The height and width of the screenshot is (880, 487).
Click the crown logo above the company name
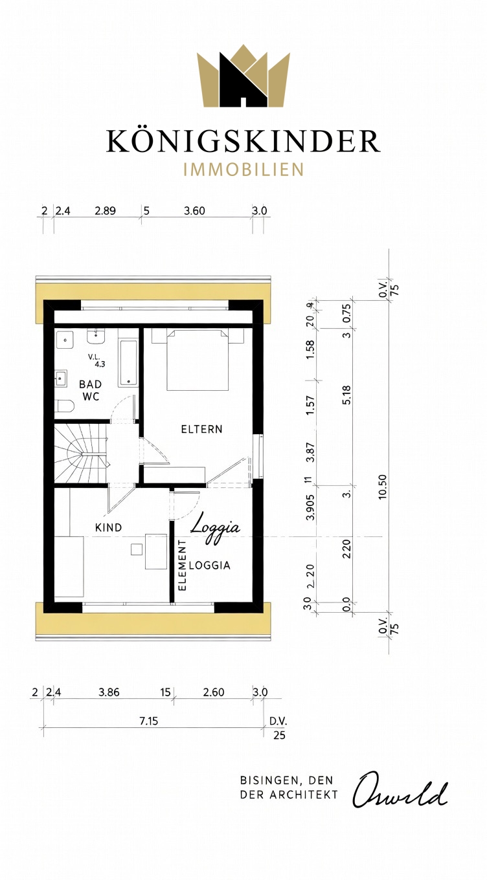[x=243, y=76]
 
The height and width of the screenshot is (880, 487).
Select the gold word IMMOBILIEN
[x=243, y=170]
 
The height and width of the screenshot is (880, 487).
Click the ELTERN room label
[x=201, y=429]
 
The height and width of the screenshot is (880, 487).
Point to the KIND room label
[x=109, y=527]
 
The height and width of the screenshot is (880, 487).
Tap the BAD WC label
[x=91, y=390]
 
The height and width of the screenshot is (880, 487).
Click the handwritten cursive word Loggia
[x=215, y=529]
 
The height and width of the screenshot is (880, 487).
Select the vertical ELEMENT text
[x=182, y=566]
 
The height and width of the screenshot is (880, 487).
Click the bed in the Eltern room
[x=198, y=360]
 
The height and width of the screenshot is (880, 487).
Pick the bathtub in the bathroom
[x=128, y=362]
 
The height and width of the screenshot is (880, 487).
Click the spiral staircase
[x=81, y=453]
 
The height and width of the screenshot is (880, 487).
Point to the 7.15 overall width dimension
[x=148, y=721]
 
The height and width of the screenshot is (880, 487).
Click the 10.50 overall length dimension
[x=382, y=487]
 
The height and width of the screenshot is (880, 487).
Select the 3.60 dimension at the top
[x=194, y=211]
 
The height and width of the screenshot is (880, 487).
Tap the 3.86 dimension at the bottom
[x=109, y=692]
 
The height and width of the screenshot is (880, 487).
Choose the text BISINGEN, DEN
[x=286, y=780]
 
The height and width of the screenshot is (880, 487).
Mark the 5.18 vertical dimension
[x=346, y=395]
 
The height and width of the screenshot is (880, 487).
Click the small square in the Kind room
[x=137, y=549]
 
